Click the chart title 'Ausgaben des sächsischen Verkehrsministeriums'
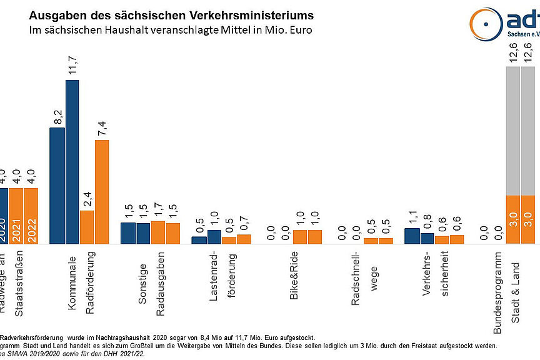pos(172,14)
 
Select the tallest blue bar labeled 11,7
pos(72,162)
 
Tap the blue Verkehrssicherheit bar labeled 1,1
pos(412,236)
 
